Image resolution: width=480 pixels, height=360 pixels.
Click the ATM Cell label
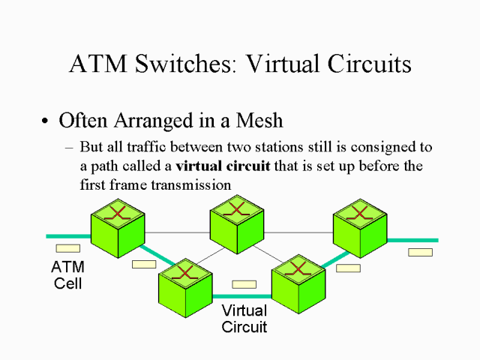(67, 275)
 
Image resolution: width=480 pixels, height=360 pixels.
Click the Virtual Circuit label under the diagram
(244, 319)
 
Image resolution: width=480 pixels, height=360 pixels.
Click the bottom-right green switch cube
(298, 283)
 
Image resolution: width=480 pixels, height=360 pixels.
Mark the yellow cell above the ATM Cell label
(67, 248)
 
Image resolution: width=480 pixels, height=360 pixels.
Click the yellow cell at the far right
(420, 252)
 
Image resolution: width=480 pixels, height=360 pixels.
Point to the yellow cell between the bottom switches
(244, 284)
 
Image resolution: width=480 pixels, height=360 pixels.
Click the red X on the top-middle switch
(235, 208)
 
